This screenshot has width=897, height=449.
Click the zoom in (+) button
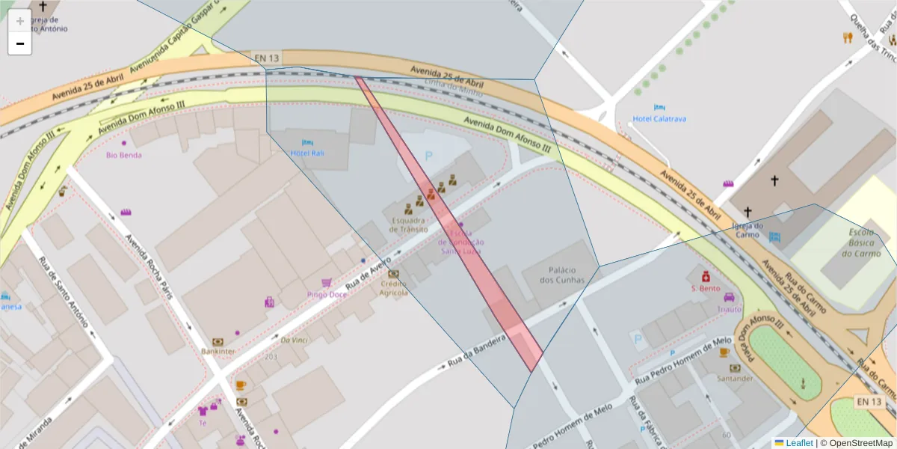(20, 21)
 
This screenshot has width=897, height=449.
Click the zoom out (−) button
(20, 43)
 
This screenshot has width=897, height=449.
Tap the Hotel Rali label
(308, 153)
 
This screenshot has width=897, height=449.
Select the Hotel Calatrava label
(659, 118)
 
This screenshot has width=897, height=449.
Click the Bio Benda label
(124, 155)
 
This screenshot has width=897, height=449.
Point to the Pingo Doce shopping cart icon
(327, 283)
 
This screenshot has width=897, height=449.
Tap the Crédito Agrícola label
(393, 288)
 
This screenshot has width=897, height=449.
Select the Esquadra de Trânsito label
(410, 224)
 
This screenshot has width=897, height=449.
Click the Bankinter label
(218, 350)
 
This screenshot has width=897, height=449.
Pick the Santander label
(735, 378)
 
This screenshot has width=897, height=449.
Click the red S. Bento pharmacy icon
(705, 275)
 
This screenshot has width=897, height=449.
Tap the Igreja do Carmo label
(747, 230)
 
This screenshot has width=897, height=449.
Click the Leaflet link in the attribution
(799, 443)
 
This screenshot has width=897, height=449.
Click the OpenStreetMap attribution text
(860, 443)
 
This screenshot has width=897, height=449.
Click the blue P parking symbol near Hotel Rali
(428, 156)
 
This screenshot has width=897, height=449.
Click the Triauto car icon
(729, 297)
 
